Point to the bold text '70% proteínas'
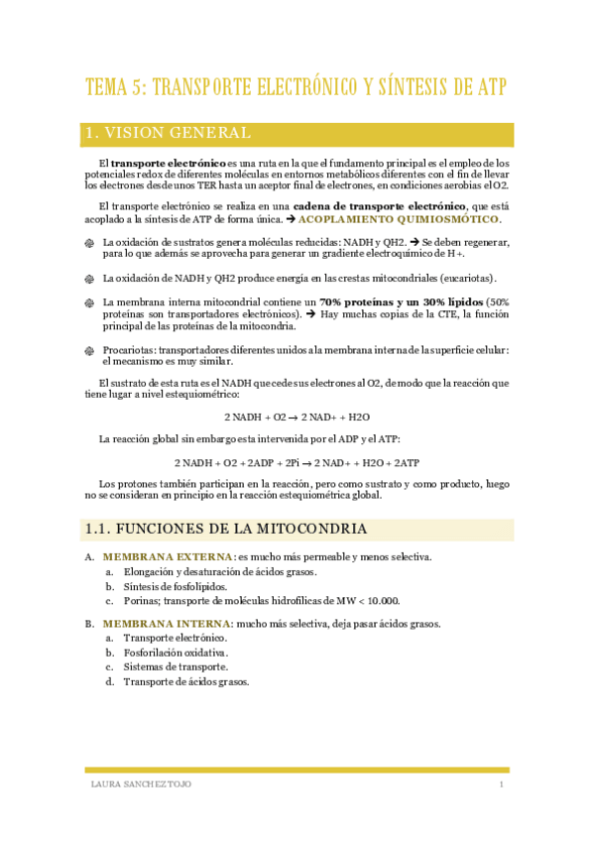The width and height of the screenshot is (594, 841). point(360,301)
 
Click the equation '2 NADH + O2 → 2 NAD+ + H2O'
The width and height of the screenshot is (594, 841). point(297,417)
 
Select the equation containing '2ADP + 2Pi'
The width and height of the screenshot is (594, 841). point(297,462)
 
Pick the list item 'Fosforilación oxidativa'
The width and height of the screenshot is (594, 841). point(176,654)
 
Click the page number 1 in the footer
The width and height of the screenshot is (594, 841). point(502,785)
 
